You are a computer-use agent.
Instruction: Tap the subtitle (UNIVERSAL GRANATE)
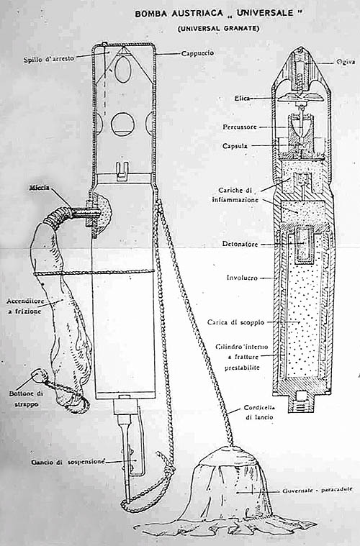click(x=218, y=29)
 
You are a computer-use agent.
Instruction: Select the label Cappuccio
click(x=197, y=53)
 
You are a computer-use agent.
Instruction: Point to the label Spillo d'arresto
click(x=49, y=59)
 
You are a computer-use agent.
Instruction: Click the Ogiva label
click(x=346, y=62)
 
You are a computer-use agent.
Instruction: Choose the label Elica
click(x=241, y=99)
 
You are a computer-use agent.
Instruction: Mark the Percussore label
click(x=240, y=127)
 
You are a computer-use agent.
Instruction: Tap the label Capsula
click(x=235, y=146)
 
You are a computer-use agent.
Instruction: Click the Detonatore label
click(x=240, y=244)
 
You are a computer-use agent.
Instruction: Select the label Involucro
click(x=242, y=278)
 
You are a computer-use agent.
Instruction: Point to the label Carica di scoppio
click(x=235, y=322)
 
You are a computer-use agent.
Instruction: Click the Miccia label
click(x=39, y=188)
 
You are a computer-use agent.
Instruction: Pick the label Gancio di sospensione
click(x=68, y=462)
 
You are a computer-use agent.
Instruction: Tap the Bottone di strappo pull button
click(x=39, y=376)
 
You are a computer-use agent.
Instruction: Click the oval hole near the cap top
click(x=123, y=70)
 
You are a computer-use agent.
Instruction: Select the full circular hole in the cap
click(x=123, y=124)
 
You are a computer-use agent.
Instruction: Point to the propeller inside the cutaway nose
click(x=299, y=96)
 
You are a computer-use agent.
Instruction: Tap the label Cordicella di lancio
click(x=259, y=412)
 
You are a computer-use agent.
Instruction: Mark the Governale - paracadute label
click(x=318, y=490)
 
